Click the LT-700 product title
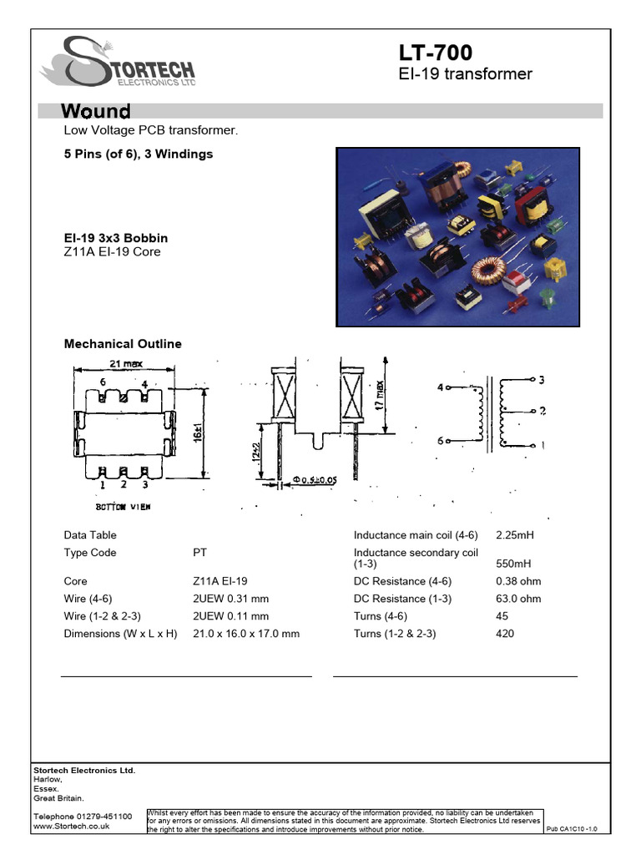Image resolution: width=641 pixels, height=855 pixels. point(435,53)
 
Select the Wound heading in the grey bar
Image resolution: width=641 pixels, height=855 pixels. point(97,111)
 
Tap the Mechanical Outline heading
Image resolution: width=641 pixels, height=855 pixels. point(123,344)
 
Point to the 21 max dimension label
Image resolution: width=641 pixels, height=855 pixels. point(124,363)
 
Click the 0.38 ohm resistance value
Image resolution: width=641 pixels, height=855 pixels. point(518,581)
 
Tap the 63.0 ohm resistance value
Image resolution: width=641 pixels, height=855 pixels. point(518,599)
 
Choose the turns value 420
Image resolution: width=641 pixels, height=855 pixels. point(505,634)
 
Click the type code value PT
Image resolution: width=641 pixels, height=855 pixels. point(200,553)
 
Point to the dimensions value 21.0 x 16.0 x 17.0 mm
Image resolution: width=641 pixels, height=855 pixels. point(246,634)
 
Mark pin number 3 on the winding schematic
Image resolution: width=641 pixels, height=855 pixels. point(542,381)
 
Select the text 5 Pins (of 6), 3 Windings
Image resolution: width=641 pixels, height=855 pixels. point(139,154)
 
